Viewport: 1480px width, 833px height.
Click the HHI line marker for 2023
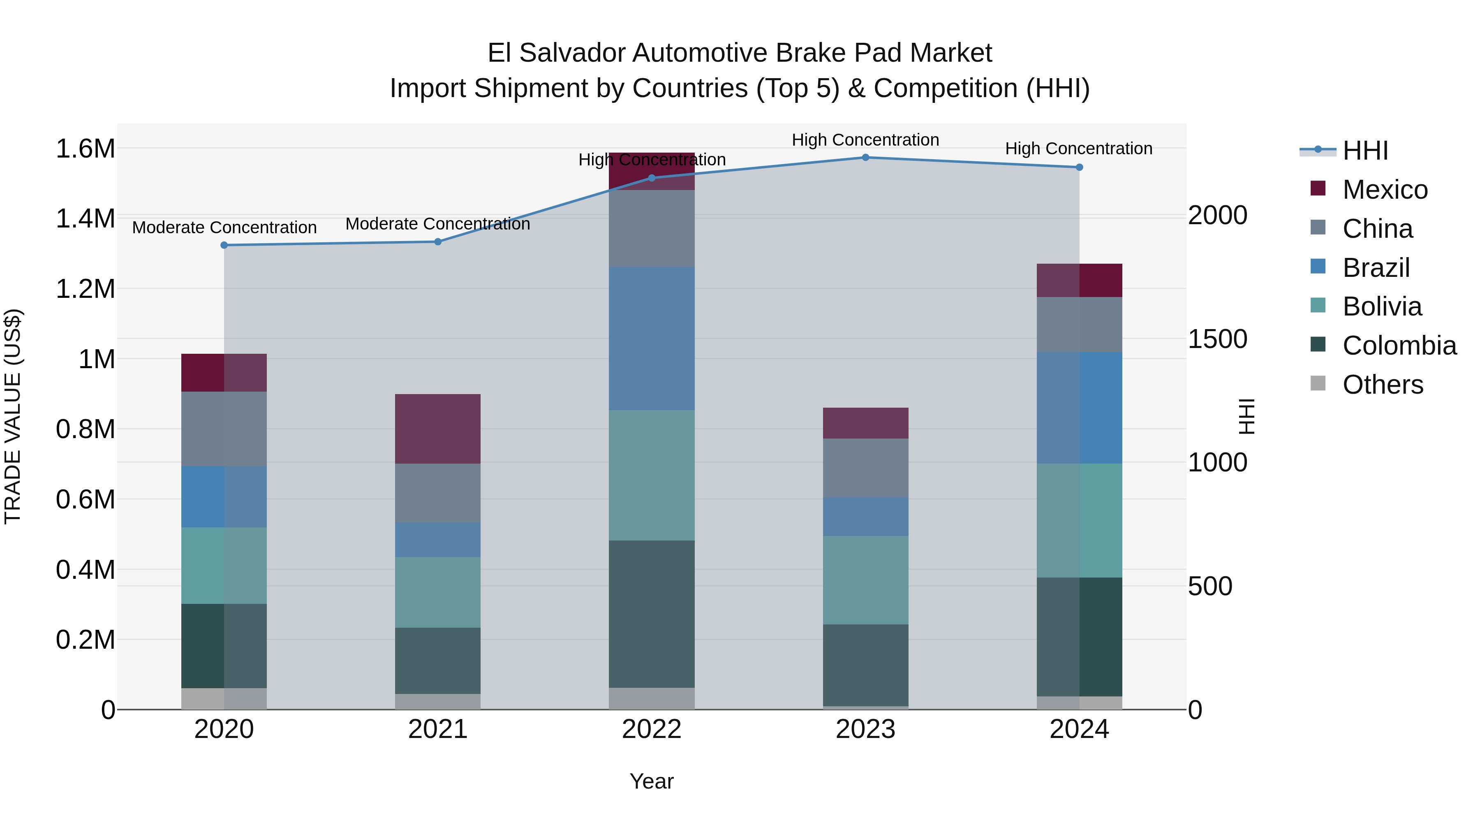click(x=865, y=158)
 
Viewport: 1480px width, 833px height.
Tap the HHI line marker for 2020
click(x=224, y=246)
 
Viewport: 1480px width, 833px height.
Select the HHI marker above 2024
click(x=1079, y=167)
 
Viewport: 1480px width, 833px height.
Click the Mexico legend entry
click(x=1385, y=190)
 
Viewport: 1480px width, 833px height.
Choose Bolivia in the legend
click(x=1382, y=307)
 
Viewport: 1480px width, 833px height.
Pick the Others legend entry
click(x=1382, y=385)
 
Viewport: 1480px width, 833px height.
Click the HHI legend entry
click(x=1364, y=151)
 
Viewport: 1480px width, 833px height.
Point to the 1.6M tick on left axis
click(x=85, y=149)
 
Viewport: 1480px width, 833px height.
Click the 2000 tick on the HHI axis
click(x=1217, y=216)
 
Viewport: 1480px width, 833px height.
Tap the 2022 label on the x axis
click(x=652, y=729)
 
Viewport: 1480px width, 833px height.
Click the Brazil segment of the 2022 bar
click(x=652, y=338)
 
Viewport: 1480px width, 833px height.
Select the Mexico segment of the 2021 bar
click(x=438, y=429)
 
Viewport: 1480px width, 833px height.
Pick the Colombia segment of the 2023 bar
click(x=865, y=665)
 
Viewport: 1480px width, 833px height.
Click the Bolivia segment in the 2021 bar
click(x=438, y=592)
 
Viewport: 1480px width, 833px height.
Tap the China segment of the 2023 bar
click(x=865, y=468)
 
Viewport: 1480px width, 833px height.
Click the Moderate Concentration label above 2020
click(x=224, y=227)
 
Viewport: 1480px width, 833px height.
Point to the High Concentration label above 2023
click(x=865, y=140)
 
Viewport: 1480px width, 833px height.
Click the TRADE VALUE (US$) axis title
click(x=13, y=416)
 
